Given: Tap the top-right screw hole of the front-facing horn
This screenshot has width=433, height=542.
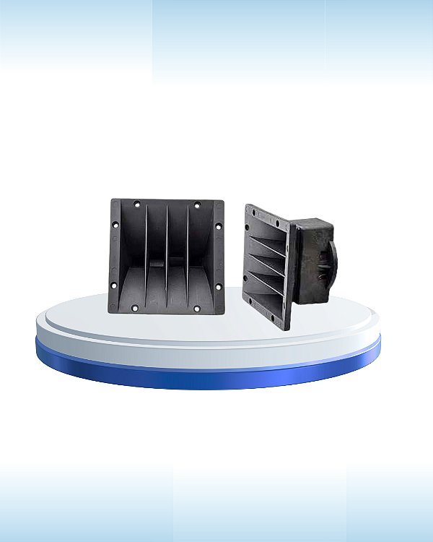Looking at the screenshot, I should pyautogui.click(x=196, y=205).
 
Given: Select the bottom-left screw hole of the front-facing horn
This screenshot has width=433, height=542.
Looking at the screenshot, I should pyautogui.click(x=135, y=309).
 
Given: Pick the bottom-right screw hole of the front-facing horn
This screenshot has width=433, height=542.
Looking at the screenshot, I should pyautogui.click(x=196, y=309).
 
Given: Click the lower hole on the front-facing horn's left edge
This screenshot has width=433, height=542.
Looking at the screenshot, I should pyautogui.click(x=114, y=286).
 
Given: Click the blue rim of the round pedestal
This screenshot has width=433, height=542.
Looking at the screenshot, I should pyautogui.click(x=209, y=372).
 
